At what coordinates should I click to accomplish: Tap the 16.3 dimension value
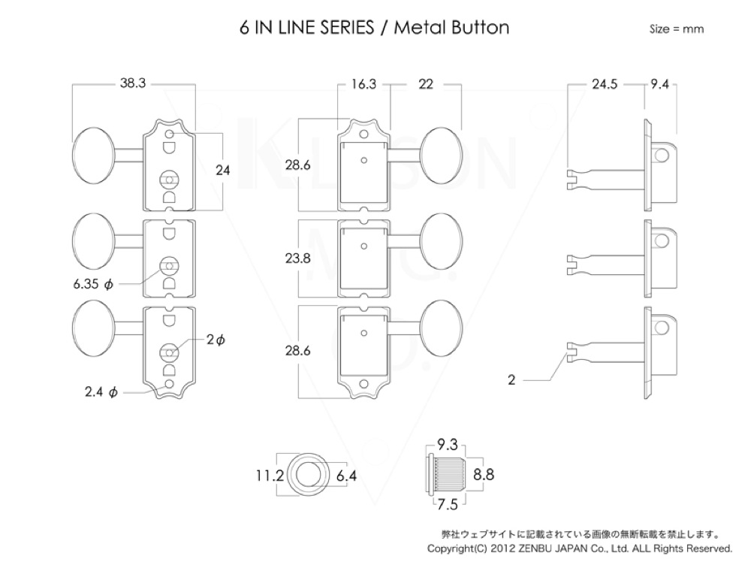(x=363, y=85)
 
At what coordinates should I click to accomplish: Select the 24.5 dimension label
(x=605, y=85)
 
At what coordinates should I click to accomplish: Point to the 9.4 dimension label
(x=659, y=85)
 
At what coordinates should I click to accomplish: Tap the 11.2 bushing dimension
(x=267, y=475)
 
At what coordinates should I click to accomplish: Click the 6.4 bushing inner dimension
(x=347, y=475)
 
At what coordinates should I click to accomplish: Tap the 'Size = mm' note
(x=676, y=29)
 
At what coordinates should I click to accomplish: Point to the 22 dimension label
(x=426, y=85)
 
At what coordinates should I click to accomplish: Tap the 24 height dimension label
(x=222, y=171)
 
